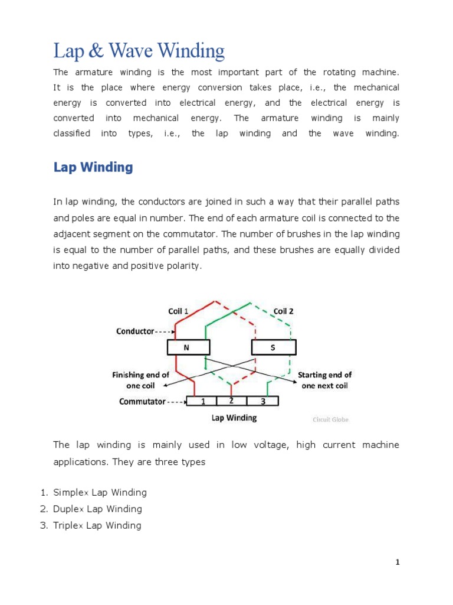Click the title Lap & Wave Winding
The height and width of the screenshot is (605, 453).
pyautogui.click(x=139, y=51)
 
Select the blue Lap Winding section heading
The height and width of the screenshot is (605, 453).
pyautogui.click(x=93, y=167)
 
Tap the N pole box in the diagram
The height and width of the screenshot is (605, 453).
pyautogui.click(x=188, y=347)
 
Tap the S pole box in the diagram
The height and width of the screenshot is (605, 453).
pyautogui.click(x=273, y=347)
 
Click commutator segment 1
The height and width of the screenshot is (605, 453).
pyautogui.click(x=202, y=401)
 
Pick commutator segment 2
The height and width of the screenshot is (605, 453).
pyautogui.click(x=231, y=401)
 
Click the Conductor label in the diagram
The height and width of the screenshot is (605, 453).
pyautogui.click(x=135, y=331)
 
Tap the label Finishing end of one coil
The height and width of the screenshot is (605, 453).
pyautogui.click(x=141, y=380)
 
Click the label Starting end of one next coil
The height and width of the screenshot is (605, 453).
pyautogui.click(x=324, y=380)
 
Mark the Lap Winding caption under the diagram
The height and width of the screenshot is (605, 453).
pyautogui.click(x=234, y=418)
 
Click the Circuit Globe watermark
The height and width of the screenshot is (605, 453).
pyautogui.click(x=330, y=419)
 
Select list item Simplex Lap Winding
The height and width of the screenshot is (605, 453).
pyautogui.click(x=100, y=492)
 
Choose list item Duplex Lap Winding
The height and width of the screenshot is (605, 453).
pyautogui.click(x=97, y=509)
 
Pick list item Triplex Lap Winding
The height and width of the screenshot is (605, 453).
pyautogui.click(x=97, y=525)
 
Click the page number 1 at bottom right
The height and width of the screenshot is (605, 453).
pyautogui.click(x=398, y=562)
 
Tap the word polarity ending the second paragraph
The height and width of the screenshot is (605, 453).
pyautogui.click(x=184, y=266)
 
